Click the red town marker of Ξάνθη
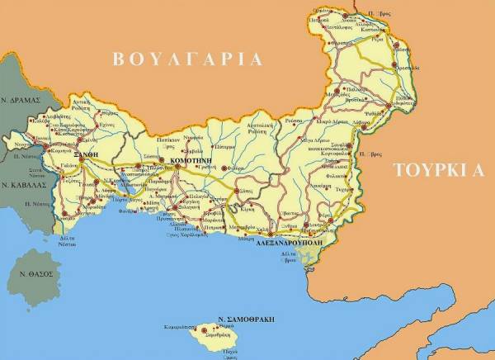(72, 146)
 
